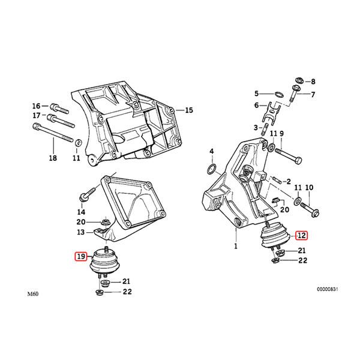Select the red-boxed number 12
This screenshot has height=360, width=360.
point(301,236)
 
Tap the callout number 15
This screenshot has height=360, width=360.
point(188,110)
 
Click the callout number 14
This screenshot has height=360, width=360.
point(80,212)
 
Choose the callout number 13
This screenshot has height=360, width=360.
point(80,232)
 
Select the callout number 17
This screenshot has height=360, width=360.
point(37,115)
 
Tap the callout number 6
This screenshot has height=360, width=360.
point(256,105)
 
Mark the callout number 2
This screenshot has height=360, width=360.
point(287,181)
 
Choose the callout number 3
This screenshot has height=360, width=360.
point(255,127)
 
